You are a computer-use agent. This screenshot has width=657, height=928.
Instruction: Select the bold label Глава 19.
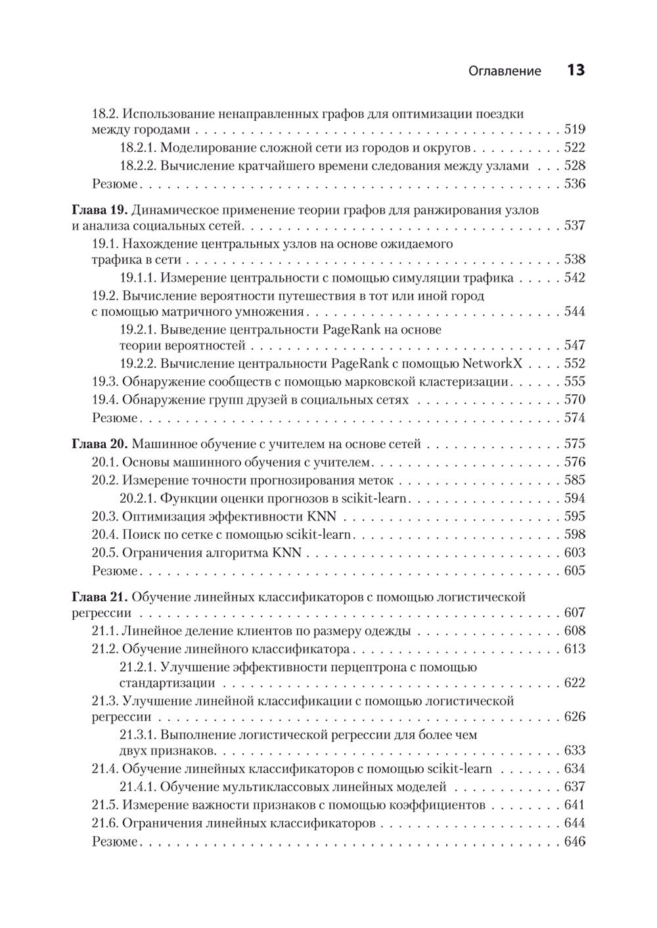pyautogui.click(x=98, y=210)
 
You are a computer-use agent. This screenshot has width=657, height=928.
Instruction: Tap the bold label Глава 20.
pyautogui.click(x=98, y=444)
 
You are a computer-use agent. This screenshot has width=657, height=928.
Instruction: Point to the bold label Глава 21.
pyautogui.click(x=98, y=597)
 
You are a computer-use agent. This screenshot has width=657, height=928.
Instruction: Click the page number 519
pyautogui.click(x=574, y=129)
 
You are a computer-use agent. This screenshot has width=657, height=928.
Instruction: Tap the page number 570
pyautogui.click(x=574, y=400)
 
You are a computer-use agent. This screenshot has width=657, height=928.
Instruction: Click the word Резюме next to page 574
pyautogui.click(x=114, y=418)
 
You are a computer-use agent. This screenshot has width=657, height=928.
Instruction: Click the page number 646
pyautogui.click(x=574, y=842)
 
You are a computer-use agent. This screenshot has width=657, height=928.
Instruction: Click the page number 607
pyautogui.click(x=574, y=613)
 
